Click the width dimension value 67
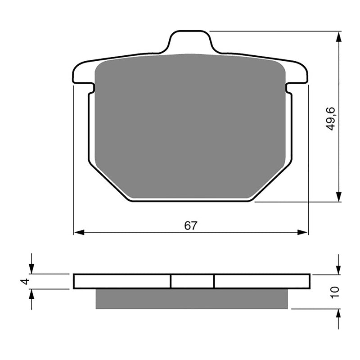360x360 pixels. [190, 226]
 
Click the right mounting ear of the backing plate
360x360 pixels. [299, 75]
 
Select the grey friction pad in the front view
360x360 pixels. [191, 126]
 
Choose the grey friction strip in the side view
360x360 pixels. [191, 298]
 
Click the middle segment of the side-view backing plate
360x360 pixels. [192, 281]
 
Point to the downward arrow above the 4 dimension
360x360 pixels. [31, 268]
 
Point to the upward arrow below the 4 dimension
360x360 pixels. [31, 294]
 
